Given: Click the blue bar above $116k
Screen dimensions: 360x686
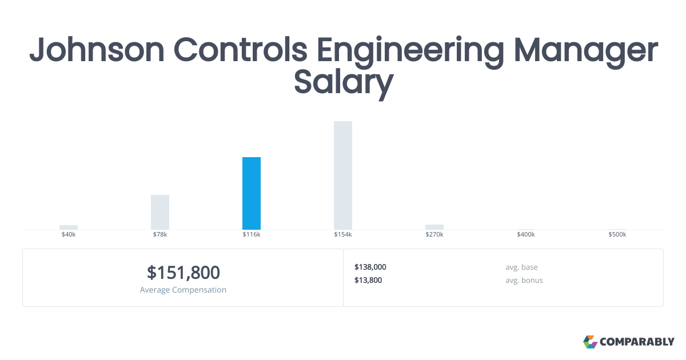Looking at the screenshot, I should (x=252, y=193).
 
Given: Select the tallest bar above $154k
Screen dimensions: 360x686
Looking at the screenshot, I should (x=343, y=175).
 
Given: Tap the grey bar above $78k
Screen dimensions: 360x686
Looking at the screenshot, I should (x=160, y=212).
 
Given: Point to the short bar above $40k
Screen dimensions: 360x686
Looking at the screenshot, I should (x=69, y=227).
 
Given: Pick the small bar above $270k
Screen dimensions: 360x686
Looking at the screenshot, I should (x=434, y=227).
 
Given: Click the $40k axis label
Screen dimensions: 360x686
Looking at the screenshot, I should (x=69, y=235).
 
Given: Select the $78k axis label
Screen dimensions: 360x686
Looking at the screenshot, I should (x=160, y=235).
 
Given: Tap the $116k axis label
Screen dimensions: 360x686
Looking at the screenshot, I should (x=252, y=235).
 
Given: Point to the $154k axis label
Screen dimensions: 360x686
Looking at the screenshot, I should (x=343, y=235).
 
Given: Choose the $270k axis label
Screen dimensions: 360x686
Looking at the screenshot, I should (x=434, y=235).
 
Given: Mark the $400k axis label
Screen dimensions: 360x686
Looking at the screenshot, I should (x=526, y=235).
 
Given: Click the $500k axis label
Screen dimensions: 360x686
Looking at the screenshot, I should (x=617, y=235).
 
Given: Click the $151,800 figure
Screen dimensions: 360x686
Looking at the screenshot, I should (x=183, y=273).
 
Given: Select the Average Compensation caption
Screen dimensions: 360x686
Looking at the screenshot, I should (x=183, y=290).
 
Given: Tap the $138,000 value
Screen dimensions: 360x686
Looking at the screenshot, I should (x=370, y=267).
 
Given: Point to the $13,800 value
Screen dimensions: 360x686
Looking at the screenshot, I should (x=368, y=280).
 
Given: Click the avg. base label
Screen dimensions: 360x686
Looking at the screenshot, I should (x=521, y=267).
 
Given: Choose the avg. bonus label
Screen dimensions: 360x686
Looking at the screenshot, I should (x=524, y=280).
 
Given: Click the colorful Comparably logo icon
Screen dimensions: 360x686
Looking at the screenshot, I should (x=590, y=342).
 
